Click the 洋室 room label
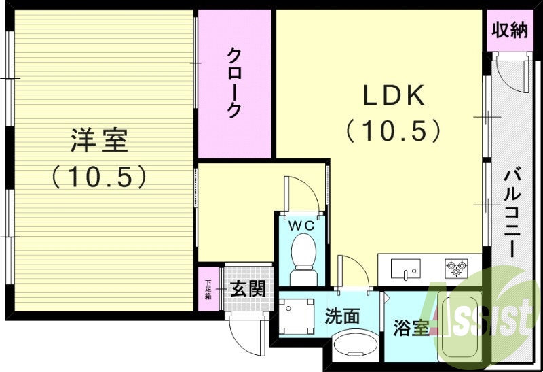pyautogui.click(x=98, y=141)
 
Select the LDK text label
pyautogui.click(x=394, y=96)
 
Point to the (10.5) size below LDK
pyautogui.click(x=394, y=131)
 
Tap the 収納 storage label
pyautogui.click(x=509, y=29)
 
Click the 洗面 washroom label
pyautogui.click(x=341, y=316)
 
